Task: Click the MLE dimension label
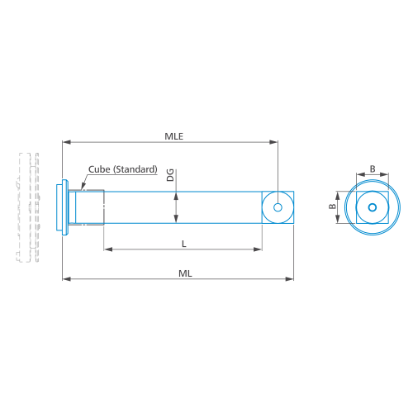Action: coord(173,136)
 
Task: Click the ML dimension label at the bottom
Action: coord(185,273)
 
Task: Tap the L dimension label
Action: coord(184,244)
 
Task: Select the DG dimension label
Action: coord(170,175)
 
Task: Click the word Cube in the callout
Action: coord(99,169)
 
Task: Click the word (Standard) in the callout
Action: coord(135,169)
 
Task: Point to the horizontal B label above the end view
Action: coord(373,169)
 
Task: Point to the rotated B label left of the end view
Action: coord(333,206)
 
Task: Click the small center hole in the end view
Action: coord(373,207)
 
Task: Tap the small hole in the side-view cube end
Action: coord(278,207)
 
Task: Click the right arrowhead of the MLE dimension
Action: coord(273,142)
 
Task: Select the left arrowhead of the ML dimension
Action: coord(67,279)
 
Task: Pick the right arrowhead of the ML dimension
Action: coord(289,279)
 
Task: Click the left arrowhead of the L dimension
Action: coord(108,249)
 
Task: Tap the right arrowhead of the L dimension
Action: coord(258,249)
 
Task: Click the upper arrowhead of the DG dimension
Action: coord(176,196)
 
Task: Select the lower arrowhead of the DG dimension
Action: coord(176,218)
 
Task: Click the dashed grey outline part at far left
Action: coord(27,207)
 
